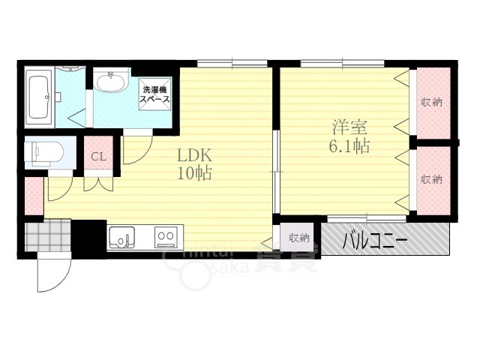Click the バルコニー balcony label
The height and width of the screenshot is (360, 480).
[x=375, y=241]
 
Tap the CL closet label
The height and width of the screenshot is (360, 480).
[x=98, y=157]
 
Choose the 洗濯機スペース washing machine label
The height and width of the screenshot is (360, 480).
[x=155, y=94]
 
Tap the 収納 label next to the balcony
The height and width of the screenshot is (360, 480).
[x=299, y=238]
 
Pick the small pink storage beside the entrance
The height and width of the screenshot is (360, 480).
[x=34, y=195]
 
